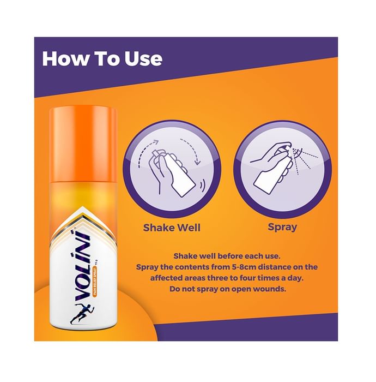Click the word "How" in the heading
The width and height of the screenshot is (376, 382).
click(x=65, y=59)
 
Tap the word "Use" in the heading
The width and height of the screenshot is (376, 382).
click(x=143, y=59)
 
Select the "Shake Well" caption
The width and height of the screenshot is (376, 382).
click(x=172, y=228)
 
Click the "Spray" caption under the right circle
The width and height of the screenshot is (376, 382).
click(x=282, y=228)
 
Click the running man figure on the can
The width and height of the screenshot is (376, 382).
click(x=79, y=314)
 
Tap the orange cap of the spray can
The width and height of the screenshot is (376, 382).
click(x=83, y=144)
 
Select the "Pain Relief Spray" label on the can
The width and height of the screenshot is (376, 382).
click(x=95, y=282)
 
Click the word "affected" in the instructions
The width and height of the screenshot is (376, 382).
click(x=166, y=278)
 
